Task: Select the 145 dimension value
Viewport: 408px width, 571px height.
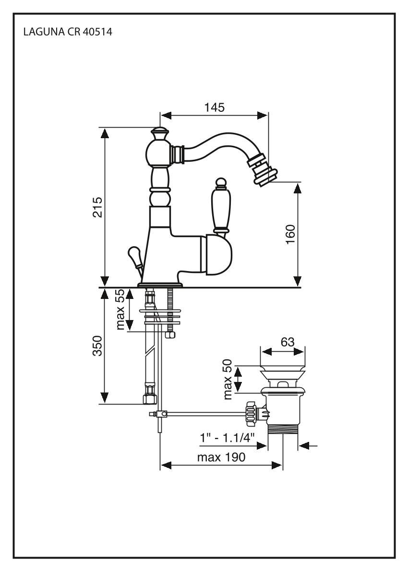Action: pos(214,107)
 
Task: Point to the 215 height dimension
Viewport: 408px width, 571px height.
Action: pos(98,207)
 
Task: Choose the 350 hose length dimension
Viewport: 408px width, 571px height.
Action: pos(97,345)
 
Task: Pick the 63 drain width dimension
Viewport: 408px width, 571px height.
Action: pos(287,342)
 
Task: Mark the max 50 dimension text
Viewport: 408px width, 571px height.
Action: pos(228,380)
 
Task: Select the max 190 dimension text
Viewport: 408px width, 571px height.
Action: pos(221,457)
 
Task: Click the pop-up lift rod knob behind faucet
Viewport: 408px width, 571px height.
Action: pos(134,254)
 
